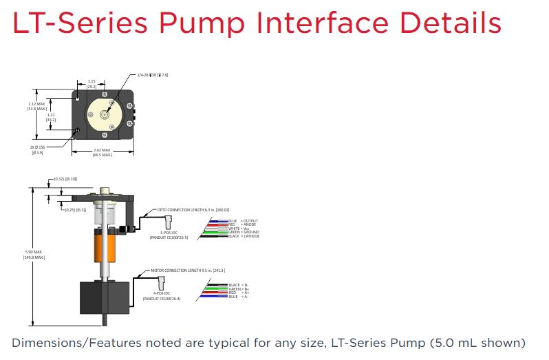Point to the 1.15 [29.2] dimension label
[x=91, y=84]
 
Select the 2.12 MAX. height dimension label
[x=36, y=107]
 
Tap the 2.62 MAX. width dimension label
[x=102, y=153]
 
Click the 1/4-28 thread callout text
[x=153, y=74]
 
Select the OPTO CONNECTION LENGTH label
[x=193, y=209]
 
